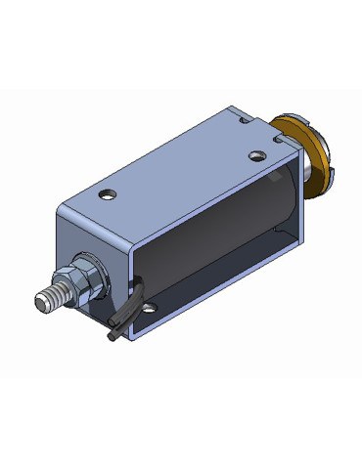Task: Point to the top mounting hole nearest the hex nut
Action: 108,191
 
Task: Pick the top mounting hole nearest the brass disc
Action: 256,155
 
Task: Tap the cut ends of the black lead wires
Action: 111,335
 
